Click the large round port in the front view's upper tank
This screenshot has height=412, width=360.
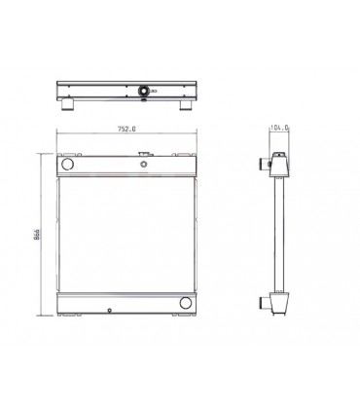(x=68, y=167)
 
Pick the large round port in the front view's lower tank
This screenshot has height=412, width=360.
(x=185, y=307)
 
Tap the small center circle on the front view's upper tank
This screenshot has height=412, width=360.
(x=144, y=166)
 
